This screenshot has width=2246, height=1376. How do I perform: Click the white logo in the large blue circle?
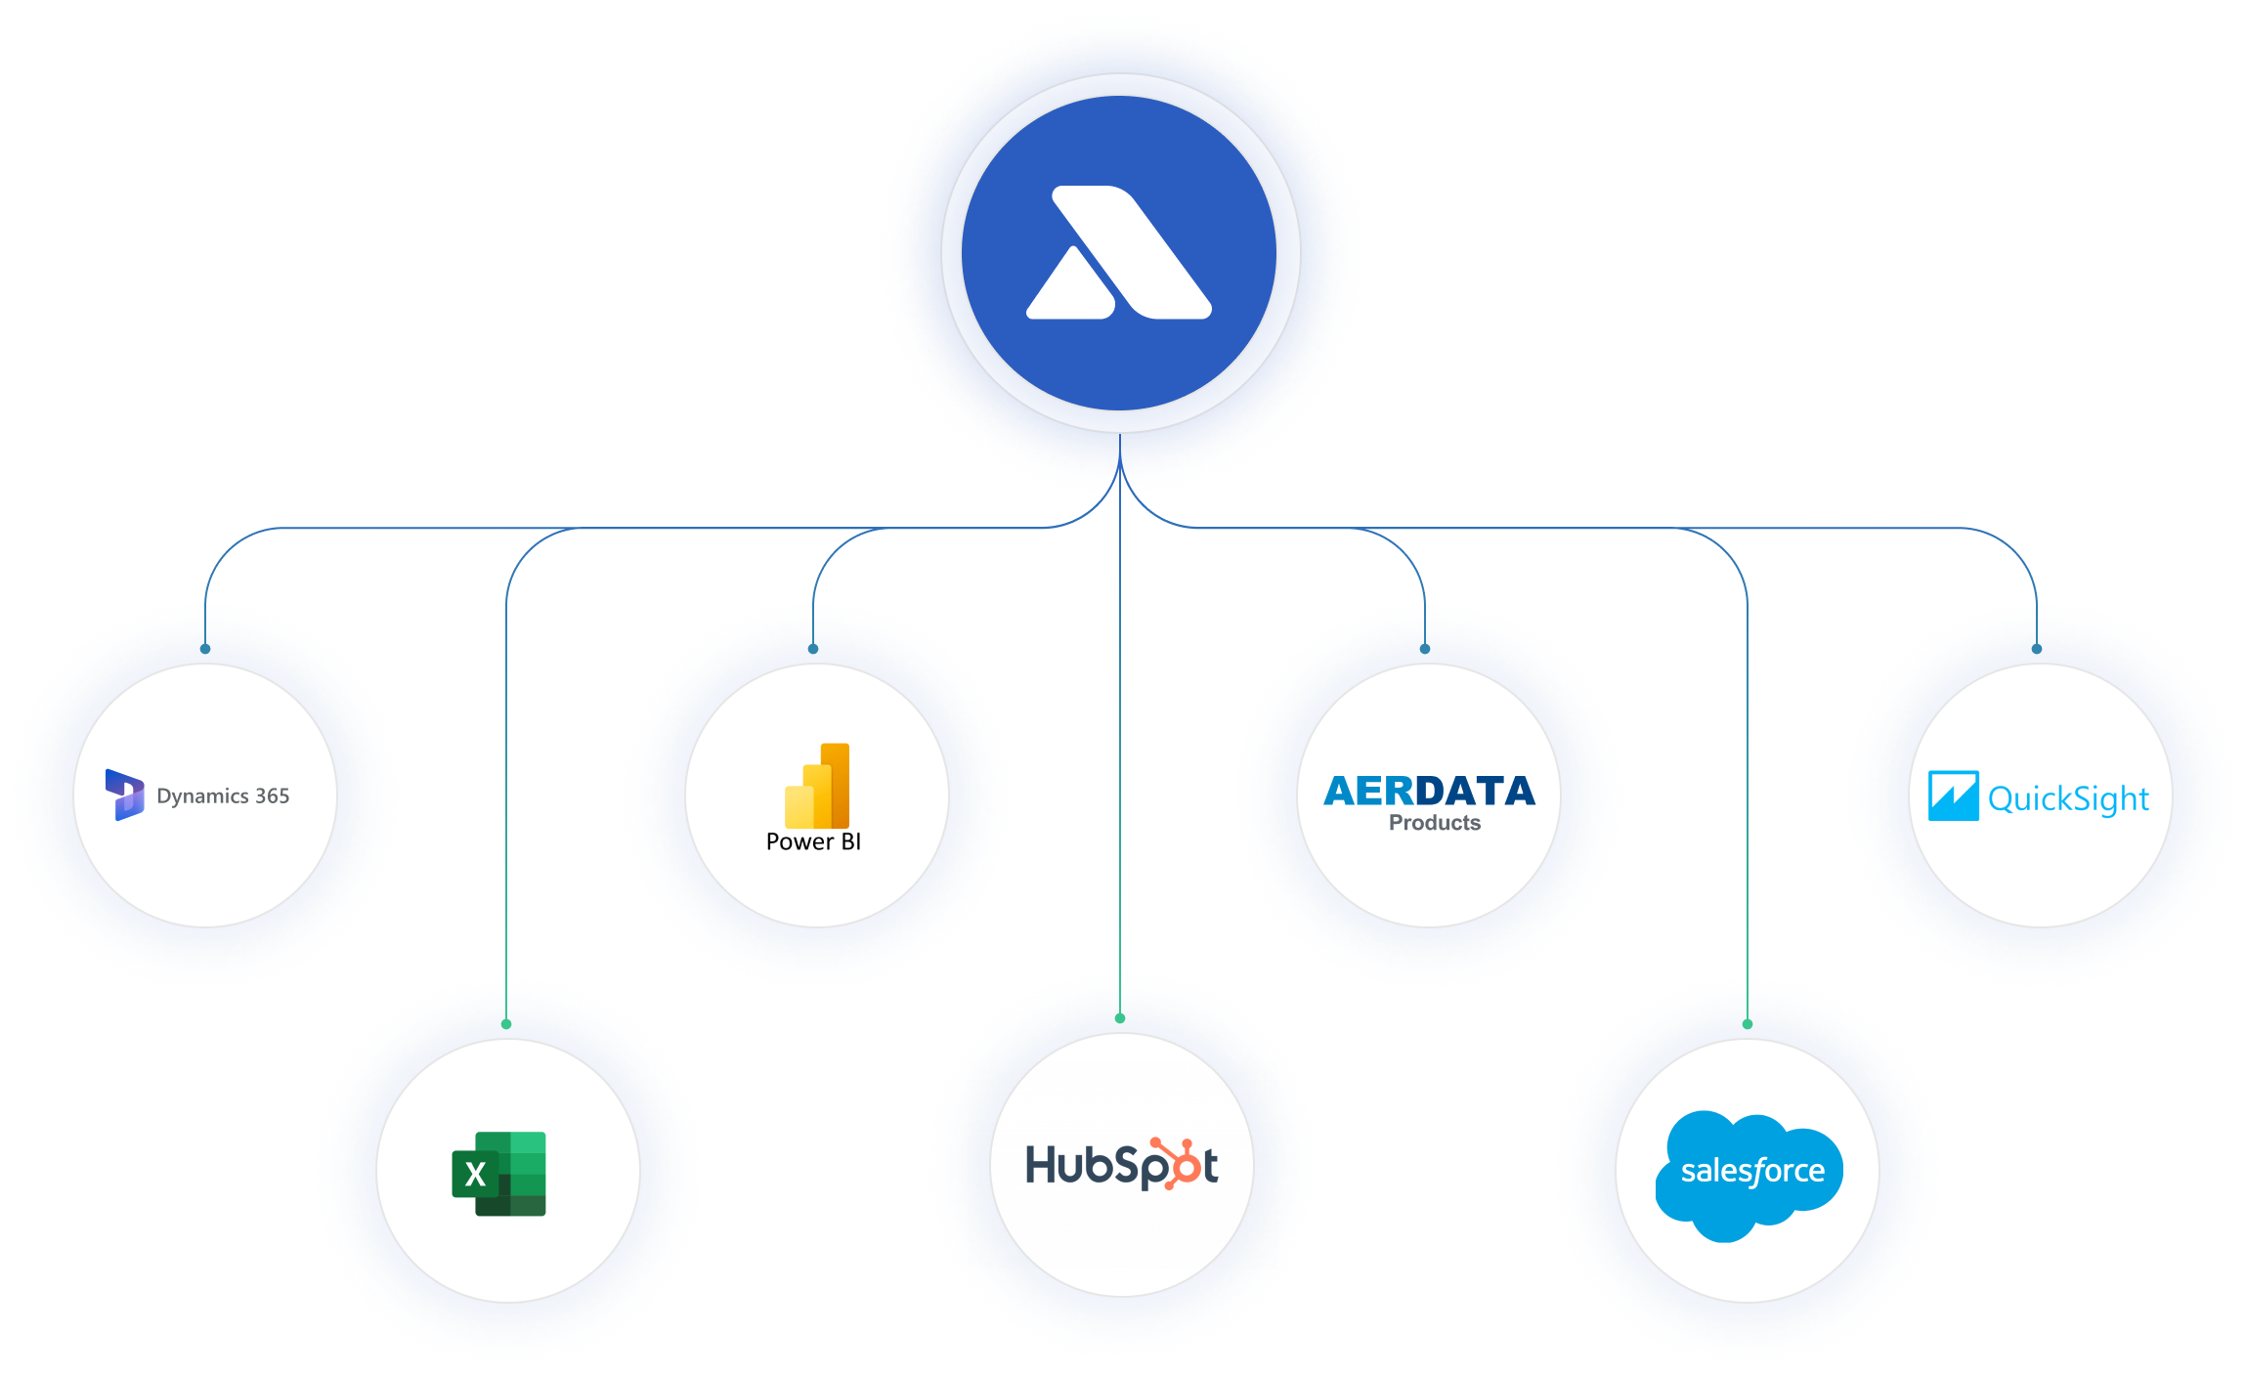[x=1119, y=252]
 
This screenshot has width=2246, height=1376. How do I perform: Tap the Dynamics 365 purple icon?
[x=124, y=795]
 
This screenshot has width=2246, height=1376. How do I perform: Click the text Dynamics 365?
[x=223, y=796]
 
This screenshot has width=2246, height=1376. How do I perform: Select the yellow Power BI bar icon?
[x=817, y=786]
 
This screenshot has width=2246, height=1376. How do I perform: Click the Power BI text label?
[x=813, y=841]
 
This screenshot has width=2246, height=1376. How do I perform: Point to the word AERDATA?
[x=1429, y=791]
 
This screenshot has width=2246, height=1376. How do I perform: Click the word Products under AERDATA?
[x=1435, y=823]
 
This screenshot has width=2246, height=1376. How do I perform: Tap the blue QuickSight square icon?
[x=1953, y=795]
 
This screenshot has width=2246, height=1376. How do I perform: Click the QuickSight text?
[x=2068, y=799]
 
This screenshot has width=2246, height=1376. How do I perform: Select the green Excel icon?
[x=498, y=1174]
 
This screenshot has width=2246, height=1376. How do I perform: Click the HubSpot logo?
[x=1122, y=1164]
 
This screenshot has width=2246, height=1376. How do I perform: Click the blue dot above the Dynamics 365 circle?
[x=205, y=649]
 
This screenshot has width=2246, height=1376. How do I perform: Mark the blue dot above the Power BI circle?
[x=813, y=649]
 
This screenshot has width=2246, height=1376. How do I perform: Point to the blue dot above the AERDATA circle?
[x=1425, y=649]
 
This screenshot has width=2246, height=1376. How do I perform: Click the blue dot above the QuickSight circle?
[x=2037, y=649]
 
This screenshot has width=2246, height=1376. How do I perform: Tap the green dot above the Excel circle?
[x=506, y=1024]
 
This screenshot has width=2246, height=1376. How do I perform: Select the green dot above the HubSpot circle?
[x=1120, y=1018]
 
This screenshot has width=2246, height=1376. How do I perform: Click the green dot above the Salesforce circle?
[x=1748, y=1024]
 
